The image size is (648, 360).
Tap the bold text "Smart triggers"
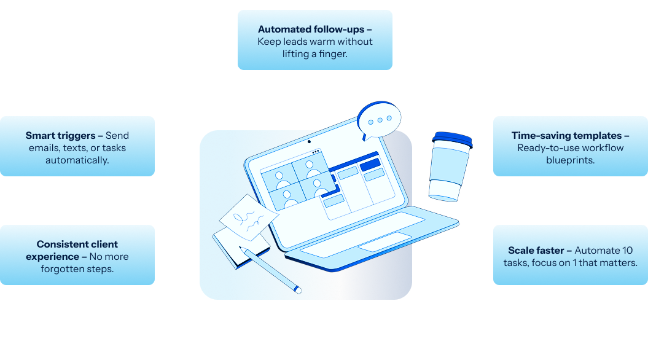(x=64, y=136)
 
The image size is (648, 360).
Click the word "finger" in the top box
(x=334, y=54)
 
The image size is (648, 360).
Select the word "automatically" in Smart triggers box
(x=77, y=160)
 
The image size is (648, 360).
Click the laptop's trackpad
(x=385, y=241)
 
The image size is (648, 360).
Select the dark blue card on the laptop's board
(x=370, y=165)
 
